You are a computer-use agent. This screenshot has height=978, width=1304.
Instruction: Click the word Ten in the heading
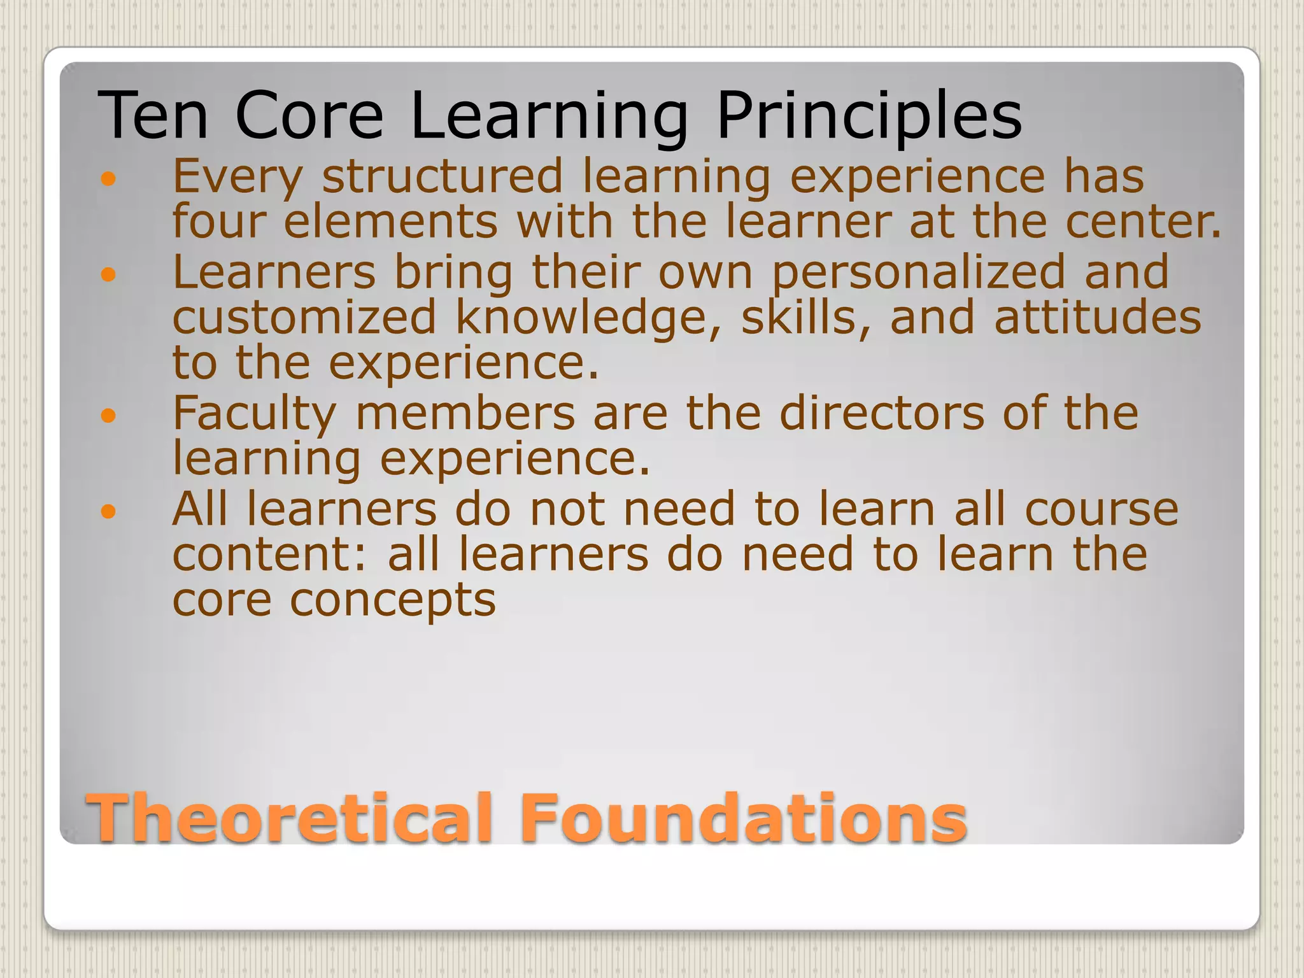point(153,116)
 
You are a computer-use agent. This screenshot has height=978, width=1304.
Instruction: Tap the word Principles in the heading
point(868,116)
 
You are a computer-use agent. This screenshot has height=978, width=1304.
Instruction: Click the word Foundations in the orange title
point(742,818)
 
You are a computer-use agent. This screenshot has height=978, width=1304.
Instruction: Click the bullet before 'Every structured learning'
point(109,179)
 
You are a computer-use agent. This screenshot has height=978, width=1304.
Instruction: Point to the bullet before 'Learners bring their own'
point(109,274)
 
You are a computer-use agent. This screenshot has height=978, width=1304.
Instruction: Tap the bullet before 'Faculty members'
point(109,416)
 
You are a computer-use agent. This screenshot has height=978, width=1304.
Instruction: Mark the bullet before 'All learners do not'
point(109,511)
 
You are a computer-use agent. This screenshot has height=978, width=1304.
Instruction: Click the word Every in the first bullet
point(238,177)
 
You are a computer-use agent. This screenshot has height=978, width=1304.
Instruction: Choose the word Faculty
point(254,414)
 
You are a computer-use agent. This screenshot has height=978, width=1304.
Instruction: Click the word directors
point(882,414)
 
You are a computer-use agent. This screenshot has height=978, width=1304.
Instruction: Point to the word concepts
point(392,600)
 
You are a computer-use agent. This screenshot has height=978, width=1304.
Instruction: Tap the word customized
point(304,318)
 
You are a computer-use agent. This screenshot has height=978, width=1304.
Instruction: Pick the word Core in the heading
point(309,116)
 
